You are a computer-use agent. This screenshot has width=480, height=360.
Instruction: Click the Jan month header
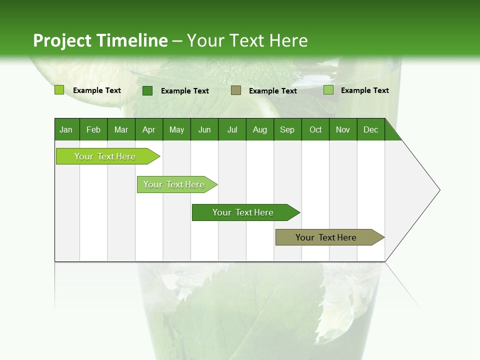pyautogui.click(x=66, y=129)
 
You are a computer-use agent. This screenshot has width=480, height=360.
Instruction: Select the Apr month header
pyautogui.click(x=148, y=129)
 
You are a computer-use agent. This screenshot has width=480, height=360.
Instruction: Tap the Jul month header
pyautogui.click(x=232, y=129)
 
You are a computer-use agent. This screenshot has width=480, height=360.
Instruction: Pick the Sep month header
pyautogui.click(x=287, y=129)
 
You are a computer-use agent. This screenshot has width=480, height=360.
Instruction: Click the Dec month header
pyautogui.click(x=370, y=129)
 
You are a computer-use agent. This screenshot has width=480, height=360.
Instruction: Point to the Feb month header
pyautogui.click(x=93, y=129)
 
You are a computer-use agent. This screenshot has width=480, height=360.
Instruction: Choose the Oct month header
pyautogui.click(x=315, y=129)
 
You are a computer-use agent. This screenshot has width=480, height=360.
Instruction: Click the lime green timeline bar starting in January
pyautogui.click(x=105, y=156)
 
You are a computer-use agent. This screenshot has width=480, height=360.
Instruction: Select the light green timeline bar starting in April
pyautogui.click(x=174, y=184)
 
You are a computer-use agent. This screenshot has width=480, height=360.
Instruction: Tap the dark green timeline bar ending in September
pyautogui.click(x=243, y=212)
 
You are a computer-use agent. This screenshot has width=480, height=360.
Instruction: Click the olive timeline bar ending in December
pyautogui.click(x=326, y=237)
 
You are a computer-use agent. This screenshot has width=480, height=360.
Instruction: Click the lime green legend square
pyautogui.click(x=59, y=90)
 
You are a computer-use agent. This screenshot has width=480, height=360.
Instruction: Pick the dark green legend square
pyautogui.click(x=147, y=90)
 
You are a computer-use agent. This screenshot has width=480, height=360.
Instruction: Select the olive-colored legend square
pyautogui.click(x=236, y=90)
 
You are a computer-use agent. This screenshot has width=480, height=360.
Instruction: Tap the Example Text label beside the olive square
pyautogui.click(x=272, y=91)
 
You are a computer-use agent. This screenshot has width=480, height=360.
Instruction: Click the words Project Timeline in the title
pyautogui.click(x=100, y=40)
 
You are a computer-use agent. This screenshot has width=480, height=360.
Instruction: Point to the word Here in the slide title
pyautogui.click(x=288, y=40)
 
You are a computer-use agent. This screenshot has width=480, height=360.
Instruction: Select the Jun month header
pyautogui.click(x=204, y=129)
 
